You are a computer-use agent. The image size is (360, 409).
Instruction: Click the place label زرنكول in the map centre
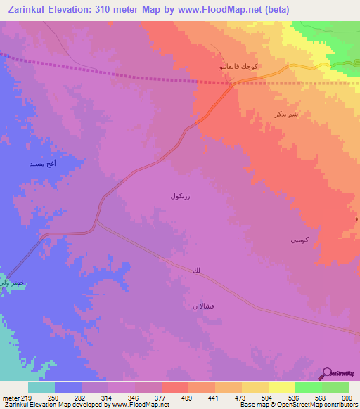coord(179,197)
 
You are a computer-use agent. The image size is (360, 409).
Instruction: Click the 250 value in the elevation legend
coord(54,398)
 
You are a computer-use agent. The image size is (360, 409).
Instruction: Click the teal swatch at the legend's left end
coord(41,387)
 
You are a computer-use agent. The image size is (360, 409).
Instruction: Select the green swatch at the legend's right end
coord(335,387)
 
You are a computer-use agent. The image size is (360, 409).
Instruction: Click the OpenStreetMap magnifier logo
coord(328,372)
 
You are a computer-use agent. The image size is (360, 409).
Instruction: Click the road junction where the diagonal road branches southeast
coord(96,223)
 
